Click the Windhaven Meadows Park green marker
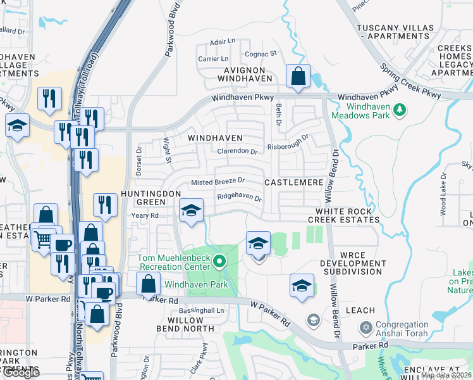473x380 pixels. (x=399, y=111)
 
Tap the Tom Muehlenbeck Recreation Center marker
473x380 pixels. (x=219, y=261)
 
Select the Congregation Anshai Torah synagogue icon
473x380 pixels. (x=365, y=328)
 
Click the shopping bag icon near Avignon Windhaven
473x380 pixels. (x=297, y=77)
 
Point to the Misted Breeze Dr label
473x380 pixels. (x=218, y=182)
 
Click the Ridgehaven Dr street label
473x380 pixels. (x=239, y=197)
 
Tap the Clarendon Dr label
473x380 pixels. (x=237, y=152)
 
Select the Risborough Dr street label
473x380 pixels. (x=288, y=139)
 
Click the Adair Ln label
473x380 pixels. (x=222, y=41)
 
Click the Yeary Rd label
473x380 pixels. (x=145, y=215)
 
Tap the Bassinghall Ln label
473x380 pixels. (x=202, y=311)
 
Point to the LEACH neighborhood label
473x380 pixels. (x=360, y=310)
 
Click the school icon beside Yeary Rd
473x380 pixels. (x=190, y=211)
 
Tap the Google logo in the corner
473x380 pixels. (x=21, y=373)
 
